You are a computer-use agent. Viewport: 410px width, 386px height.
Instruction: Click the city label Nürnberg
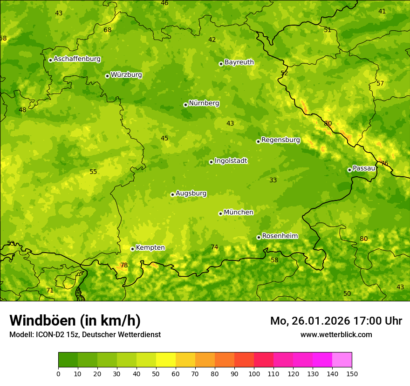pos(204,103)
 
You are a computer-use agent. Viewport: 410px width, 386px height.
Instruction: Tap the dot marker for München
pos(221,213)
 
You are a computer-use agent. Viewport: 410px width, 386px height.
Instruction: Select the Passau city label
pos(364,168)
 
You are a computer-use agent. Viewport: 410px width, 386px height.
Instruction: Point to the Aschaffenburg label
pos(77,59)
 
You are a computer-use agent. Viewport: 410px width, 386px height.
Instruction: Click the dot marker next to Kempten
pos(133,249)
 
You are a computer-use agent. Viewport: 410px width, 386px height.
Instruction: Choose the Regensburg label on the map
pos(280,140)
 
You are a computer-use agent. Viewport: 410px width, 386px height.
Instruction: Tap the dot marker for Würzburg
pos(107,76)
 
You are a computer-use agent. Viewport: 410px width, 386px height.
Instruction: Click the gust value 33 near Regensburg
pos(273,180)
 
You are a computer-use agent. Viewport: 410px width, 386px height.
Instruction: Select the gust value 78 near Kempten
pos(124,266)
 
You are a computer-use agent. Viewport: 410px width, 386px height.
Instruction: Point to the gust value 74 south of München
pos(214,247)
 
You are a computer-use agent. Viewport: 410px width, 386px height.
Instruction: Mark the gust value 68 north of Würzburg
pos(108,30)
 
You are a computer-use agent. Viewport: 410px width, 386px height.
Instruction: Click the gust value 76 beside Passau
pos(384,164)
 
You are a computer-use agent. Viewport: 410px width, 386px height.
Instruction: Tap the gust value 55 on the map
pos(93,172)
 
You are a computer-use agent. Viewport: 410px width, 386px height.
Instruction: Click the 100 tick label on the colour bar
pos(254,373)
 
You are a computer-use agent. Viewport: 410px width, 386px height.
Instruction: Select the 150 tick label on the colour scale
pos(352,373)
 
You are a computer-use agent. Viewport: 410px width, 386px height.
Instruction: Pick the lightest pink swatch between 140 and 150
pos(342,360)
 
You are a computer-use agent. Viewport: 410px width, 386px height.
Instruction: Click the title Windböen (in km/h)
pos(75,320)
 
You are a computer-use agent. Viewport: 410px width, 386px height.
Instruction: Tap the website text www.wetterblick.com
pos(336,335)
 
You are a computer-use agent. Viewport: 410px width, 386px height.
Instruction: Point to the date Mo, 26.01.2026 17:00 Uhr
pos(336,321)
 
